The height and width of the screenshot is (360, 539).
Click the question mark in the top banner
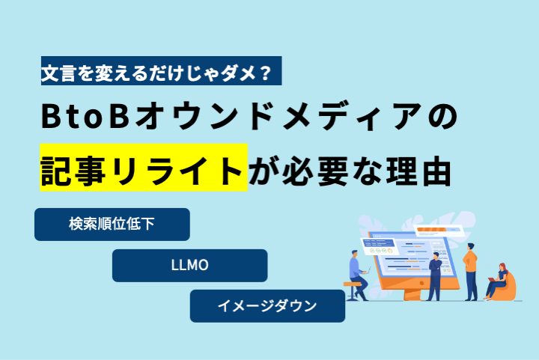(x=264, y=73)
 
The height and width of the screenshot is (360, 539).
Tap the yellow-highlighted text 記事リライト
(x=144, y=168)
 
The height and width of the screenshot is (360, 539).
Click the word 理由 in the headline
(x=418, y=171)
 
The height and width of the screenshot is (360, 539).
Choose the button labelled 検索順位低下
(x=112, y=225)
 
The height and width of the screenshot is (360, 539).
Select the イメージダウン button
(x=267, y=305)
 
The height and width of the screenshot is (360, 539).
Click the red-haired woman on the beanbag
(x=497, y=281)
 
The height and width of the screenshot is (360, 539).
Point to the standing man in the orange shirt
(x=470, y=272)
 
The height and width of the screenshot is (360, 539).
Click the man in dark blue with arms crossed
(x=434, y=276)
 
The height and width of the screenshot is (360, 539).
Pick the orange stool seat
(x=352, y=284)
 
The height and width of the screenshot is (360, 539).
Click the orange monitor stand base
(x=412, y=295)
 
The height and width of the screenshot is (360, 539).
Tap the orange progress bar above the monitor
(x=431, y=229)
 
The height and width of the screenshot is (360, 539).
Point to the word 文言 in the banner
(x=58, y=73)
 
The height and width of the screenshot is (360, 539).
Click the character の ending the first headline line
(x=442, y=117)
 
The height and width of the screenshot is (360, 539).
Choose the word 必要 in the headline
(x=315, y=171)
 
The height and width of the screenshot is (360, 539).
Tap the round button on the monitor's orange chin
(x=422, y=283)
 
